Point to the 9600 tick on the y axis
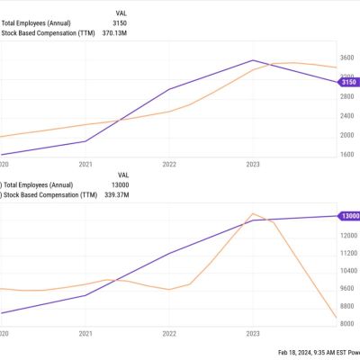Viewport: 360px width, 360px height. (349, 288)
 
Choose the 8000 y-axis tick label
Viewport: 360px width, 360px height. (349, 324)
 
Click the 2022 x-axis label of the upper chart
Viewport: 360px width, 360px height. (169, 165)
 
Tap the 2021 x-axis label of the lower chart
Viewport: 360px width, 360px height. (85, 334)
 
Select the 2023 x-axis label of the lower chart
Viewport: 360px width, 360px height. (253, 334)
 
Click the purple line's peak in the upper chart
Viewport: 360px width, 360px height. (253, 60)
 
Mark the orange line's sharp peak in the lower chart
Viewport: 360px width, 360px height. (254, 214)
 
